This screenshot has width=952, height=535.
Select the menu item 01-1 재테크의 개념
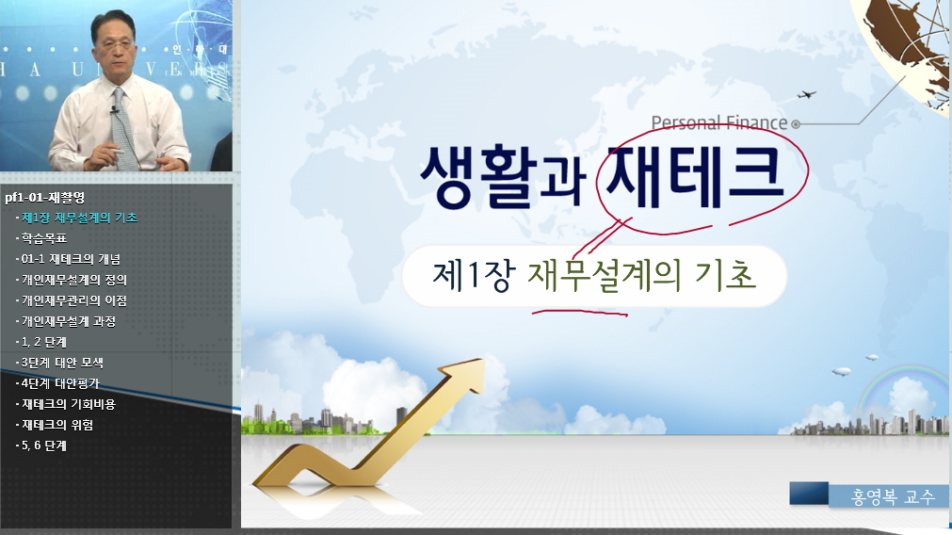(x=72, y=259)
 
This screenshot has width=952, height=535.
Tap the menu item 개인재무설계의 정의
(x=74, y=280)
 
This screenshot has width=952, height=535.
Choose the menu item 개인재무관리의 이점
(x=74, y=300)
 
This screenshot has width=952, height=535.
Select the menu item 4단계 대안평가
(x=62, y=383)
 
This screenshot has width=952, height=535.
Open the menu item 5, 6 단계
(x=43, y=446)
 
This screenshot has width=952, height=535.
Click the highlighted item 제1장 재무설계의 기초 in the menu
(x=80, y=218)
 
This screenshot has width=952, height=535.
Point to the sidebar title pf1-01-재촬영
(x=44, y=198)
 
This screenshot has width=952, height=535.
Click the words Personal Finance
(x=718, y=122)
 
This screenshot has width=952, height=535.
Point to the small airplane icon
(x=806, y=94)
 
